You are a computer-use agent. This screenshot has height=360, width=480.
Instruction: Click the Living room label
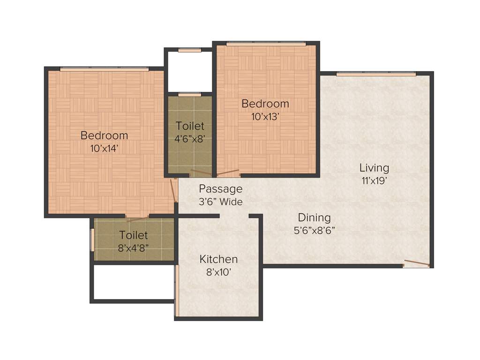coord(374,168)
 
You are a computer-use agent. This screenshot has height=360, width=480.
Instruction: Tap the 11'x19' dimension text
coord(374,181)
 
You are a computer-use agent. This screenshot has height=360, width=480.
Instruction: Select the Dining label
coord(314,217)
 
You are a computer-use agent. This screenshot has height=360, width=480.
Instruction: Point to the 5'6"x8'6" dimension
coord(314,230)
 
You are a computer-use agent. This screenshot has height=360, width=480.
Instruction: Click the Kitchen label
coord(218,259)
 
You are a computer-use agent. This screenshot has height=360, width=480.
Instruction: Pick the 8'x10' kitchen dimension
coord(218,272)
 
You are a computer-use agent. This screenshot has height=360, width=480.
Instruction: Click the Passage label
coord(220,189)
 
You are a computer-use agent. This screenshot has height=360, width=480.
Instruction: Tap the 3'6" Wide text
coord(220,202)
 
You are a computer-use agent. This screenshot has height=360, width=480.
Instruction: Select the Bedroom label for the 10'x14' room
coord(104,135)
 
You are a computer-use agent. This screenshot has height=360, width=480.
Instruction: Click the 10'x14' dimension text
coord(104,149)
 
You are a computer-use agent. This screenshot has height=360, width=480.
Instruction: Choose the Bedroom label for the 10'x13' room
coord(265,104)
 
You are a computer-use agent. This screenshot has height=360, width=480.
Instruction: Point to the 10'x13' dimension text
coord(265,117)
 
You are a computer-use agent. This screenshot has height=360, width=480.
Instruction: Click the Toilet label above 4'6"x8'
coord(190,126)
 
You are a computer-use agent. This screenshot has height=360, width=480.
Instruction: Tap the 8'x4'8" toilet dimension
coord(134,248)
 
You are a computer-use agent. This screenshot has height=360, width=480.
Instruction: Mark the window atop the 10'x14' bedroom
coord(104,69)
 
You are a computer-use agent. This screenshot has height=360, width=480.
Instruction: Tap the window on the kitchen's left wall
coord(177,291)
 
